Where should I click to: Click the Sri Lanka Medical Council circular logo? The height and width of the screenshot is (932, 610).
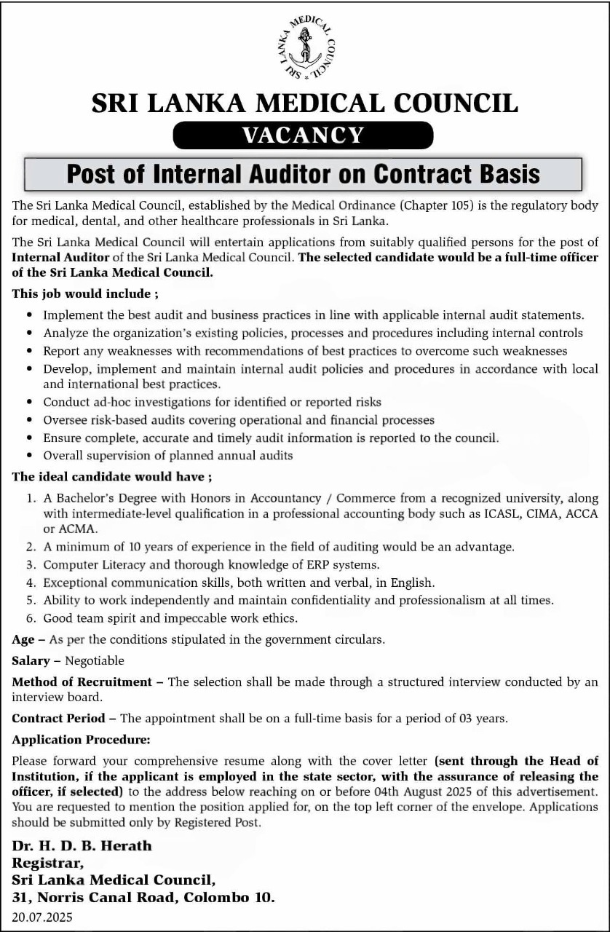(305, 45)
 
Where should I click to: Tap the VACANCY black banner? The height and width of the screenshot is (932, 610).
(303, 135)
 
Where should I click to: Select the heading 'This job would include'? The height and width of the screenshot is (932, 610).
(84, 295)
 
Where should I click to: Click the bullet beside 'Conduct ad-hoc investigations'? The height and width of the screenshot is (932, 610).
(28, 402)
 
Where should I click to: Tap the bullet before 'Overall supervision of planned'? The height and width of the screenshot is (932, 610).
(28, 456)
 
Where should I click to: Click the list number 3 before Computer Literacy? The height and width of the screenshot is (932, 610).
(31, 564)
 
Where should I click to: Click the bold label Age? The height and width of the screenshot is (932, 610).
(23, 640)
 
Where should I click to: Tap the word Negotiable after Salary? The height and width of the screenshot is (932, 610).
(95, 661)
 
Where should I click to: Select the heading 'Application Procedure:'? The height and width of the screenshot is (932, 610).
(81, 740)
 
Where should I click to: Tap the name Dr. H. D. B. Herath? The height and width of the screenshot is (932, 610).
(82, 846)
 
